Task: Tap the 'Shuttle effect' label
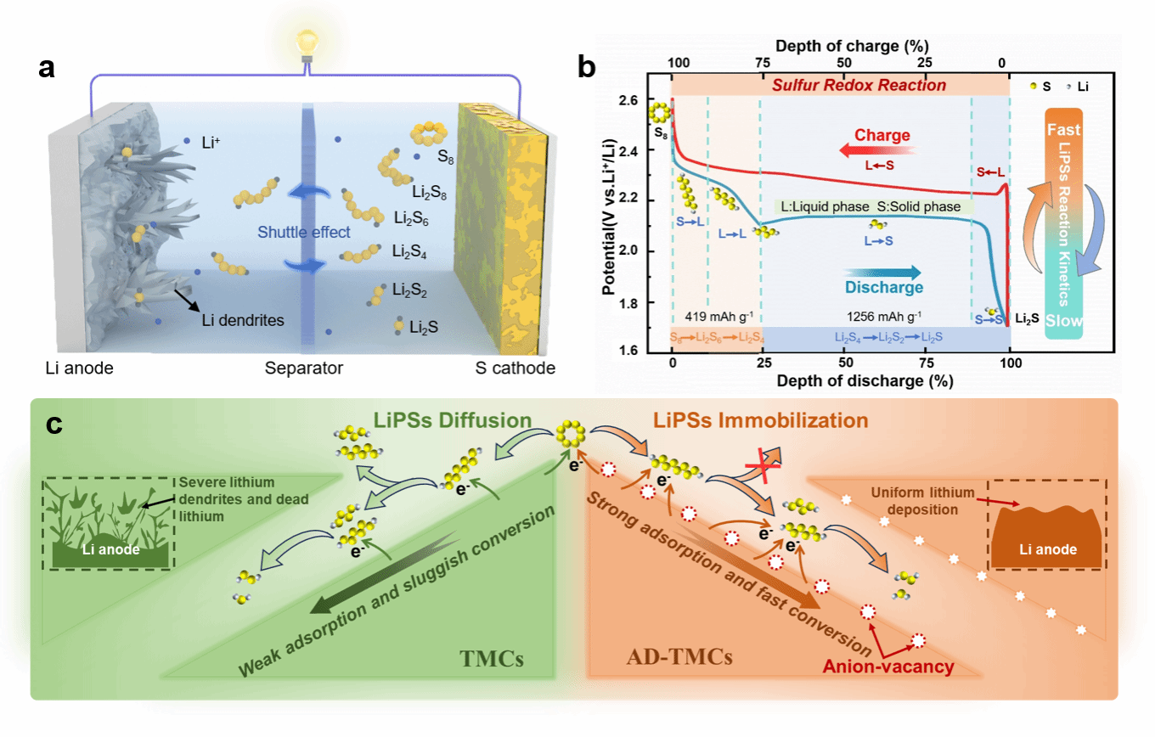pos(304,232)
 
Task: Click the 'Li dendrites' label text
pos(243,320)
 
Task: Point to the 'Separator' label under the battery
pos(303,368)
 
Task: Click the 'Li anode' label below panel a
pos(81,368)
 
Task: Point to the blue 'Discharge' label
pos(883,287)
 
